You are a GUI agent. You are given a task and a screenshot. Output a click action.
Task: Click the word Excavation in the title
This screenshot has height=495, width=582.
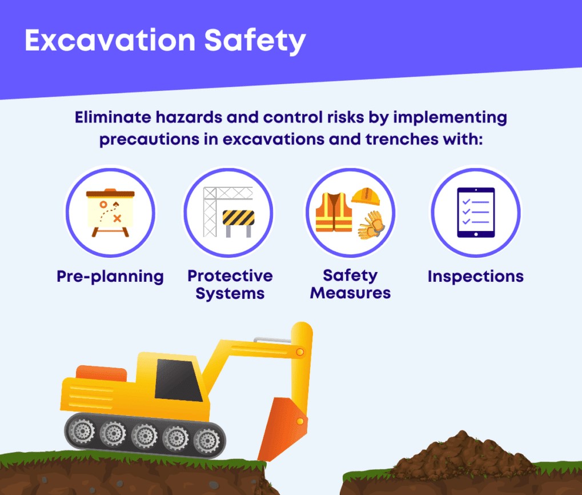click(x=110, y=40)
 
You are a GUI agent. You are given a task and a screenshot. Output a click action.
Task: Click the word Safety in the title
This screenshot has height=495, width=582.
click(x=255, y=42)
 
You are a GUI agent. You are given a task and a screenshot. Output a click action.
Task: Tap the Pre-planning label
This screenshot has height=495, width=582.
click(x=110, y=277)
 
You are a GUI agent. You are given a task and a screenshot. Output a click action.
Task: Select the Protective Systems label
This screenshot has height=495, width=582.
click(x=230, y=285)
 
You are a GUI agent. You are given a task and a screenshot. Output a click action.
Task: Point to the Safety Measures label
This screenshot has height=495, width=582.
click(x=350, y=284)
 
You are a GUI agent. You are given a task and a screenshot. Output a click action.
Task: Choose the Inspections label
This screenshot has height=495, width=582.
click(x=475, y=276)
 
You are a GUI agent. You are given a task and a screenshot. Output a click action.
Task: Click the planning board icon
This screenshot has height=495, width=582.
click(x=110, y=213)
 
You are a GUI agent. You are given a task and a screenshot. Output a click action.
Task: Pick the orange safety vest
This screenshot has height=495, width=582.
click(x=334, y=212)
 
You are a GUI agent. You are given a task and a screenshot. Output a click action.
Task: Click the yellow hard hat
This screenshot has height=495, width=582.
click(x=366, y=196)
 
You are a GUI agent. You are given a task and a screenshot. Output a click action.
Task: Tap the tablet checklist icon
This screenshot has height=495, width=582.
click(x=476, y=213)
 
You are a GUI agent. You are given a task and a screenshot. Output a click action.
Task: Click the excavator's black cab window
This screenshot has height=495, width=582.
click(x=179, y=380)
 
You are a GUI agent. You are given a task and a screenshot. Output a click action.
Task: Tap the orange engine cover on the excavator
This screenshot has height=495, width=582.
click(x=101, y=373)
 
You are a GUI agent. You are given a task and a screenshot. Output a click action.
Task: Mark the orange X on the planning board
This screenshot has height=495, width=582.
click(x=117, y=218)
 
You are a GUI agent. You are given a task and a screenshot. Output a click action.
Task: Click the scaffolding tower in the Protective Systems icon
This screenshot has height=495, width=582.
click(x=210, y=211)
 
